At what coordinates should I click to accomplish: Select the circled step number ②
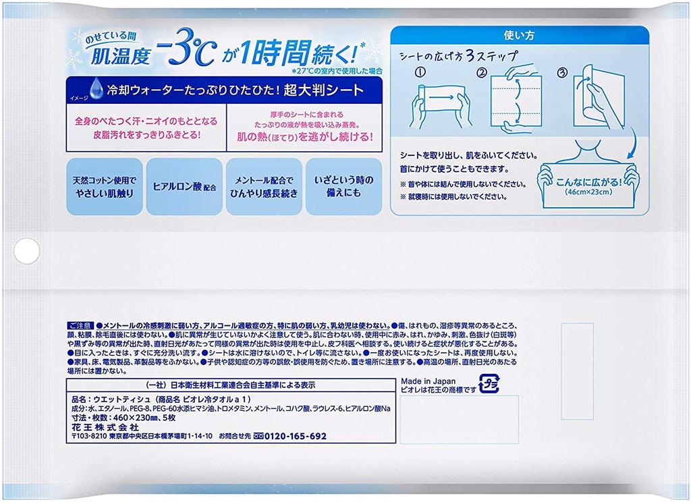click(x=482, y=72)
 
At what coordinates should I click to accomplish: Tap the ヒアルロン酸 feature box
click(x=185, y=186)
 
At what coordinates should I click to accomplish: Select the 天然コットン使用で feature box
click(x=105, y=187)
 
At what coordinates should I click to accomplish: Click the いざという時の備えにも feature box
click(x=346, y=187)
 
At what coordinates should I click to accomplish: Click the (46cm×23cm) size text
click(x=587, y=192)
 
